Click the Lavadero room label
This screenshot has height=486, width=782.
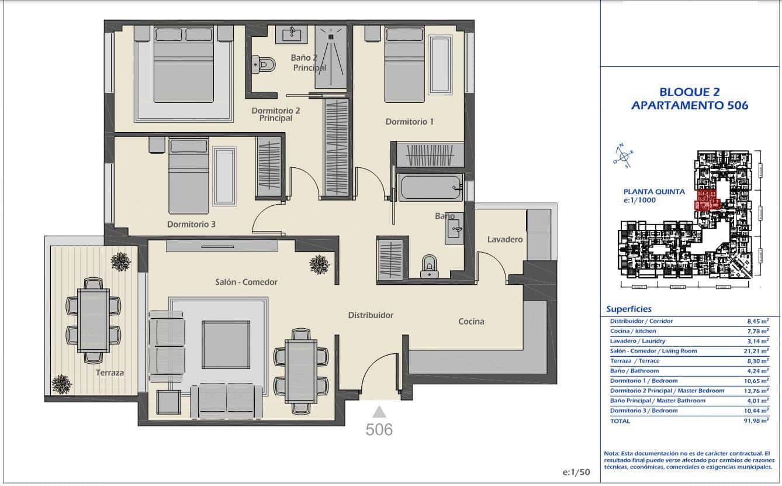pos(505,239)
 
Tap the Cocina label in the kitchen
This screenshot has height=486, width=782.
pos(471,321)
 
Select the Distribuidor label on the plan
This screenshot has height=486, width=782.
pos(371,315)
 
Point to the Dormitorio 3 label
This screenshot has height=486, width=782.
pos(192,224)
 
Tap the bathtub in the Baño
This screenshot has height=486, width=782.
pos(430,188)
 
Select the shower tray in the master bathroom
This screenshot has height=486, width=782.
pos(331,57)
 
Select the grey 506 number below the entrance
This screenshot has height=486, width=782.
pos(379,430)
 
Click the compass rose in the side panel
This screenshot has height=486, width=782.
pos(624,156)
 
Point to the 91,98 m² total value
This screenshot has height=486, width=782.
pos(757,421)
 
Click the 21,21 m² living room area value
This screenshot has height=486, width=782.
pos(757,351)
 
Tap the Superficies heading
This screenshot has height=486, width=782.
pos(629,309)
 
